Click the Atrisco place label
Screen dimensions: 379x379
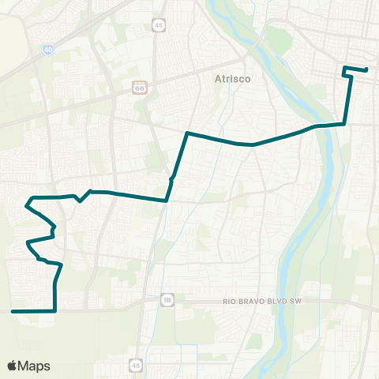[231, 78]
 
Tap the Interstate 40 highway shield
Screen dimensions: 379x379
[47, 49]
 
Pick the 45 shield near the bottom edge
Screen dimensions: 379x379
[137, 365]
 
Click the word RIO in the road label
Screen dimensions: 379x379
[230, 301]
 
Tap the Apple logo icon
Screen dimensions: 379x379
[13, 366]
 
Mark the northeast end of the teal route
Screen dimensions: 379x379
[367, 69]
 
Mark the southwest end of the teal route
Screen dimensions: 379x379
[13, 311]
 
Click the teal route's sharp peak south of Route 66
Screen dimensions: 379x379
[186, 133]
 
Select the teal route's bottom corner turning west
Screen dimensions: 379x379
[54, 311]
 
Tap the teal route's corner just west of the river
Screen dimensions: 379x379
[345, 123]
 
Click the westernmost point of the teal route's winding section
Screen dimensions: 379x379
[25, 205]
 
